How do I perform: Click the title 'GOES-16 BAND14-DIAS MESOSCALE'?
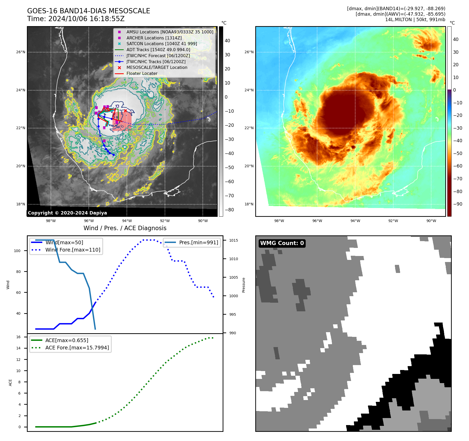[88, 11]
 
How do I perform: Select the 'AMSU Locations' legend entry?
[170, 32]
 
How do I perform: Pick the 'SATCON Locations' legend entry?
[162, 44]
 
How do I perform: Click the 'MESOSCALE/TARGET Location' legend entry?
[157, 68]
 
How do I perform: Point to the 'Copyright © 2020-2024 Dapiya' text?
[67, 213]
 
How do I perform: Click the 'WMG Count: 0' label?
[282, 243]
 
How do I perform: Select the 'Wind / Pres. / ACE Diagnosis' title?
[125, 228]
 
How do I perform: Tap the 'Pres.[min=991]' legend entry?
[198, 242]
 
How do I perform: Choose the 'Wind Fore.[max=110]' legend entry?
[73, 250]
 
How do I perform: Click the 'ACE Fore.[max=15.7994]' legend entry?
[77, 348]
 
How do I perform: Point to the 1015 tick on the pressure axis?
[234, 240]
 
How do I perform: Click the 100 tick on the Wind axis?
[17, 251]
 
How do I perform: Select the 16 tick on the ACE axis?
[19, 337]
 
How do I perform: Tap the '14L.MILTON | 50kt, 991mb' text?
[415, 20]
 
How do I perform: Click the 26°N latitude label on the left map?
[21, 52]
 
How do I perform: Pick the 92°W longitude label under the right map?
[393, 221]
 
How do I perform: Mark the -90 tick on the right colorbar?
[458, 204]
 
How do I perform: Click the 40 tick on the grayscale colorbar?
[227, 41]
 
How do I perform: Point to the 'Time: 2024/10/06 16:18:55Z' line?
[76, 19]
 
